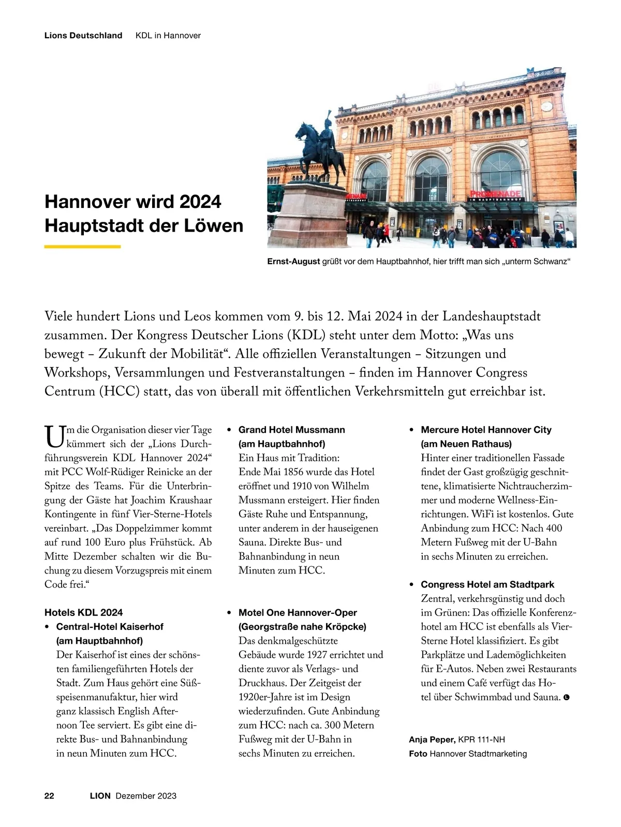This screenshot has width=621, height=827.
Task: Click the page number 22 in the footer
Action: [x=49, y=795]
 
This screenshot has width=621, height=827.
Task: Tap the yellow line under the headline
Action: [x=82, y=247]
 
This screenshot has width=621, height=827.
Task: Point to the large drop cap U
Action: [x=54, y=436]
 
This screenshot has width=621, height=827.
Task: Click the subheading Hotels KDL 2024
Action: [x=84, y=612]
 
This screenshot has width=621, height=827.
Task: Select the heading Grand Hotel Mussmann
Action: [x=291, y=430]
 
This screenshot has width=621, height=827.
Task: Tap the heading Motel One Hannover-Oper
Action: [x=298, y=612]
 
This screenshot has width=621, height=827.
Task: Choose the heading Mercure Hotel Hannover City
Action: [x=486, y=430]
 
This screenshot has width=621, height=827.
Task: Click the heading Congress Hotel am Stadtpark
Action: [x=487, y=584]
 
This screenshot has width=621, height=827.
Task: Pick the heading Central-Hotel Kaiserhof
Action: [x=110, y=626]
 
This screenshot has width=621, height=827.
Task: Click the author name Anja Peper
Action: [x=432, y=740]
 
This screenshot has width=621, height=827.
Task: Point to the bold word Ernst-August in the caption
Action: [x=293, y=262]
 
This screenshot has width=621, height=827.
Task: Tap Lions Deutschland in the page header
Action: [x=83, y=36]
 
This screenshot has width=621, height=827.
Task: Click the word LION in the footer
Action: [x=100, y=795]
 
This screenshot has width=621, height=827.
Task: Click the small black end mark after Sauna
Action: [x=567, y=698]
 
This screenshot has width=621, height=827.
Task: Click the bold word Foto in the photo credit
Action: [x=418, y=754]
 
